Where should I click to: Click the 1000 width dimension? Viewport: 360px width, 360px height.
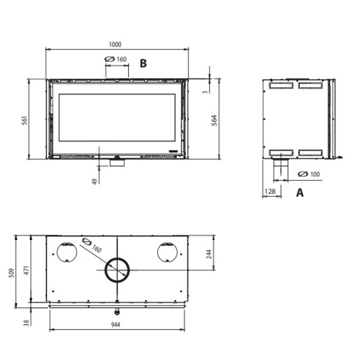click(115, 45)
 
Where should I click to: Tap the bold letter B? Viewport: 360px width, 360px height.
click(143, 64)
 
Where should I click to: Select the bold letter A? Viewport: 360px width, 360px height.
click(300, 192)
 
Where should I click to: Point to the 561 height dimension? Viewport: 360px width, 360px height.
click(25, 120)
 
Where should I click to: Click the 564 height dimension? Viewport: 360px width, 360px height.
click(214, 120)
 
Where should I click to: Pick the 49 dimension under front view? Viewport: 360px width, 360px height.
click(94, 181)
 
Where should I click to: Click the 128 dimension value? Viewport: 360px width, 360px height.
click(270, 192)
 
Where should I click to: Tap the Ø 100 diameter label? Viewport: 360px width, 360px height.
click(309, 174)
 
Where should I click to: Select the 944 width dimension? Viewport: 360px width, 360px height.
click(116, 325)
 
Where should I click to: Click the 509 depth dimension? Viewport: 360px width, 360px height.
click(12, 273)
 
